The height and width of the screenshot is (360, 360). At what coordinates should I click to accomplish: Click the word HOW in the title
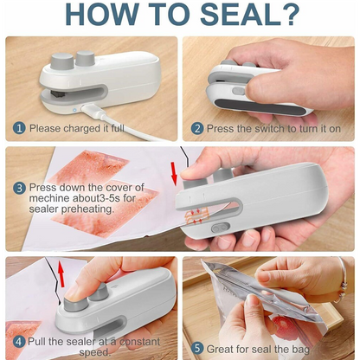(101, 16)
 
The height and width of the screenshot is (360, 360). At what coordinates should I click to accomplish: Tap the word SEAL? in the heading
(251, 16)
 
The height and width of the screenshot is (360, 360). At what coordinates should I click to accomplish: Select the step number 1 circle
(18, 128)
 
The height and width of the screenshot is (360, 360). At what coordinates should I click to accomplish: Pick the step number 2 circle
(196, 128)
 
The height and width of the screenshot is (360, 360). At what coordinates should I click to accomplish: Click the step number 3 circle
(18, 187)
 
